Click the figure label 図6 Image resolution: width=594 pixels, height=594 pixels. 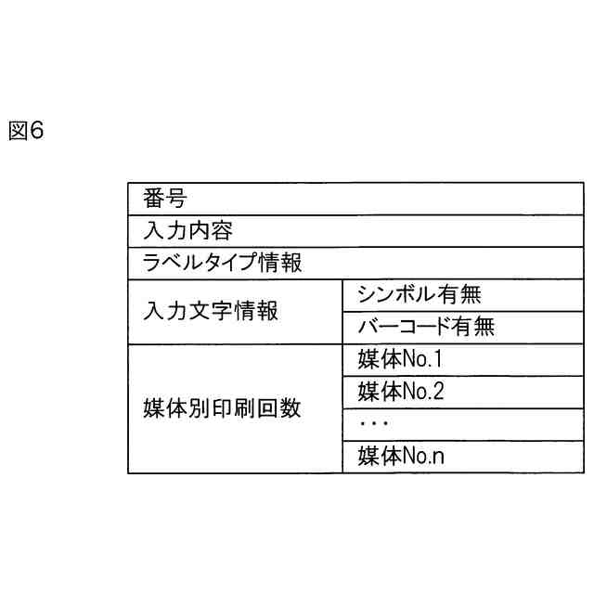coord(26,132)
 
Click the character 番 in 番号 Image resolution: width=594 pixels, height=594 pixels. coord(153,199)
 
